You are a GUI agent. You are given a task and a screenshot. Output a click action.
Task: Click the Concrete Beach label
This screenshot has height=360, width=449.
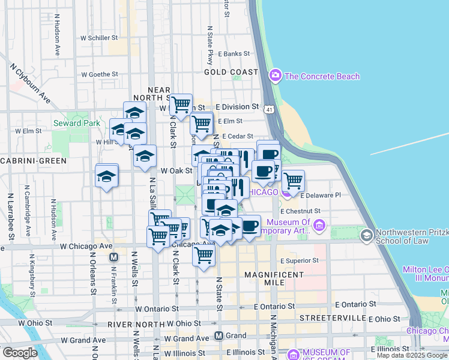pos(322,76)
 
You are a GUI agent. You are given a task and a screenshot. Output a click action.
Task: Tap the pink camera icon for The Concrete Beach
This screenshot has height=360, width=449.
pos(276,76)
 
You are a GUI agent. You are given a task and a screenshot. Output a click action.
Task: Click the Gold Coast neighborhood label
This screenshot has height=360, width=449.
pos(231,72)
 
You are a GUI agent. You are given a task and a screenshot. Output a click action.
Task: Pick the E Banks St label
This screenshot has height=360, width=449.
pos(234,53)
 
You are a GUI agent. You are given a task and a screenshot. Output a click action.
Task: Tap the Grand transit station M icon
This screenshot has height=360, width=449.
pos(220,335)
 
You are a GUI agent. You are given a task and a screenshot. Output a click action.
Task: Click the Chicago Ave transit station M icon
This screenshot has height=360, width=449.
pos(112,257)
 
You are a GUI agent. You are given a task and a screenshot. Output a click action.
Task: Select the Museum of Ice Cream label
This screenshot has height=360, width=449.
pos(318,356)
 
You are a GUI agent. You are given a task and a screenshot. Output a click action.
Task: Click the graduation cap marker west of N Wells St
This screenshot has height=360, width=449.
pos(106,176)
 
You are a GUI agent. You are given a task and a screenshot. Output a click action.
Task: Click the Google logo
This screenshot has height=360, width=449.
pos(20,353)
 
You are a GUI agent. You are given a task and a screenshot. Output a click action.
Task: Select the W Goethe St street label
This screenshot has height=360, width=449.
pos(100,74)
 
